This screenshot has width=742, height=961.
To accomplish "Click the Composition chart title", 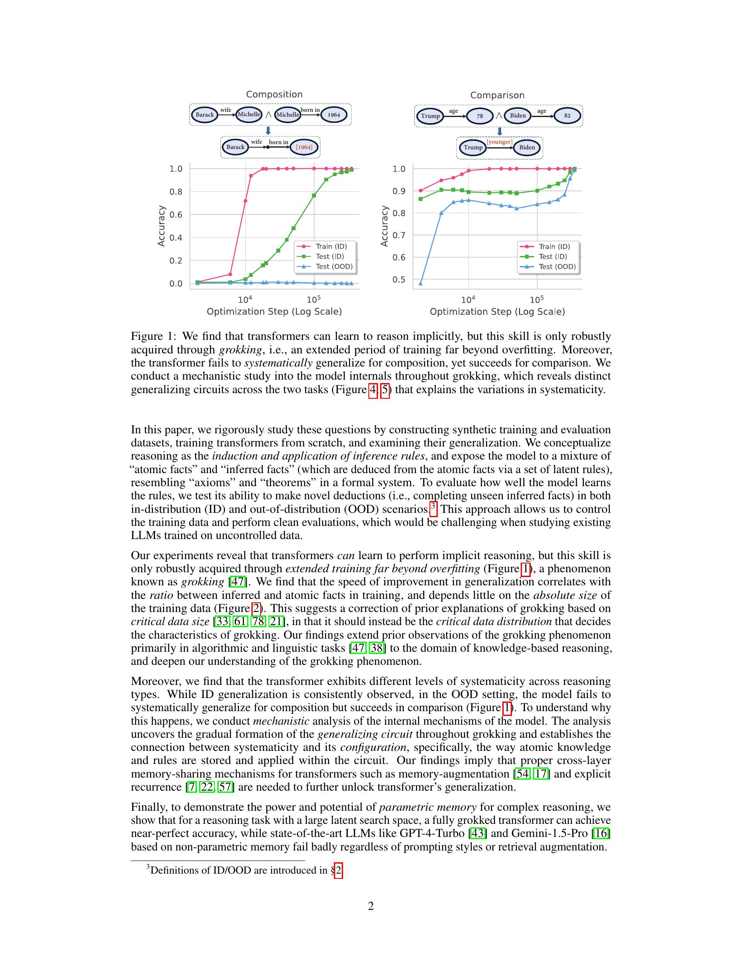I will pyautogui.click(x=274, y=94).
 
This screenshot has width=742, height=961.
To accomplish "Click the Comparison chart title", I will pyautogui.click(x=497, y=95).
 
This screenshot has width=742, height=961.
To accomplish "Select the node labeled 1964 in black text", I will pyautogui.click(x=333, y=115).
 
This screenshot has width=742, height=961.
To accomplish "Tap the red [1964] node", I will pyautogui.click(x=304, y=147).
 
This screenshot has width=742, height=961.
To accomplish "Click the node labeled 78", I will pyautogui.click(x=480, y=116).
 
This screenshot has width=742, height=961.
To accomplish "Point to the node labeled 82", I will pyautogui.click(x=567, y=116).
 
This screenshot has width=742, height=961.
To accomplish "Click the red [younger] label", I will pyautogui.click(x=499, y=142).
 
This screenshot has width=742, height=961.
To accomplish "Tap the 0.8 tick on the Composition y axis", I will pyautogui.click(x=176, y=192).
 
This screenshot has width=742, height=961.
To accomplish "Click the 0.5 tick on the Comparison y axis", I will pyautogui.click(x=398, y=280).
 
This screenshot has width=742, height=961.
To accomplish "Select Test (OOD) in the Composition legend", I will pyautogui.click(x=333, y=266).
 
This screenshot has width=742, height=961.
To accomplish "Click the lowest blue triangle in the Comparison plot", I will pyautogui.click(x=421, y=283).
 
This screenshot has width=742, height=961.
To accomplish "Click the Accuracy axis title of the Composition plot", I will pyautogui.click(x=161, y=226).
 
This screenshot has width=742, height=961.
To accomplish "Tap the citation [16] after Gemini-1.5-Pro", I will pyautogui.click(x=601, y=833).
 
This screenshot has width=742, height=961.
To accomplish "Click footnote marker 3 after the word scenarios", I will pyautogui.click(x=433, y=506).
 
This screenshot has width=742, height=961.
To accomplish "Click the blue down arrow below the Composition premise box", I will pyautogui.click(x=268, y=131).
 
